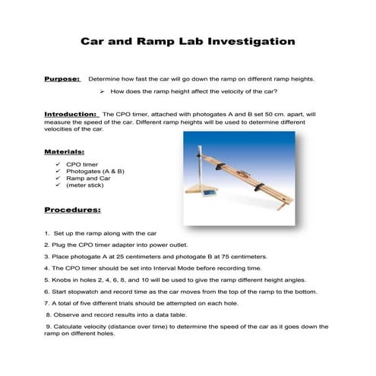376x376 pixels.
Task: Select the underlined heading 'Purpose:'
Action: [x=62, y=79]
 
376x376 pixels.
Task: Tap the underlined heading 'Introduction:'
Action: [x=71, y=114]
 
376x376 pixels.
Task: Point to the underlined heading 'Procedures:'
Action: [x=72, y=208]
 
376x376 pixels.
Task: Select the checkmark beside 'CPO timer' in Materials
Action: [x=58, y=163]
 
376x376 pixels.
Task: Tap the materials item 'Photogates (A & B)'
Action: [x=95, y=171]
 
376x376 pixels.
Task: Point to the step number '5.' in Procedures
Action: [x=47, y=280]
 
